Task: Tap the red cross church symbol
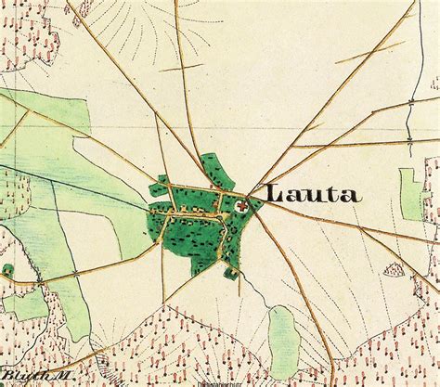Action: pos(242,207)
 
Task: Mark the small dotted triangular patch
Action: pos(394,272)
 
